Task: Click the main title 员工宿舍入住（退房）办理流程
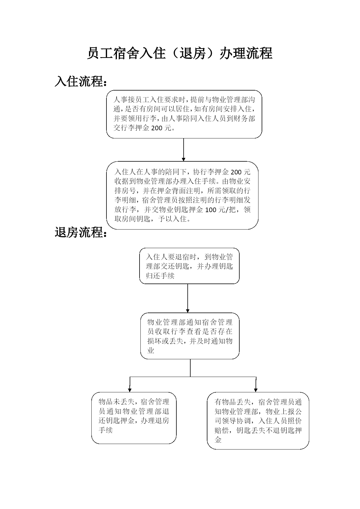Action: click(180, 53)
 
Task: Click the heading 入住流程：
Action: click(81, 82)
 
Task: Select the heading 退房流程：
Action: click(81, 232)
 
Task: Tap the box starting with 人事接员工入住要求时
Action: click(184, 114)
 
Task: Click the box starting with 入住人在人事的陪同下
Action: click(182, 195)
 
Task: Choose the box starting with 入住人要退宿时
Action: click(189, 266)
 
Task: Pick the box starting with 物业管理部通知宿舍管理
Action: click(190, 336)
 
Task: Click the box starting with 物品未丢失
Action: click(134, 418)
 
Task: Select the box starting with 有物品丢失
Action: click(258, 421)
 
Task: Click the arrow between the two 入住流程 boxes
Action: click(184, 150)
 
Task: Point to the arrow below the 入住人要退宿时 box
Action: click(188, 298)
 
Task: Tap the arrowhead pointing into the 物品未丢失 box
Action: click(130, 390)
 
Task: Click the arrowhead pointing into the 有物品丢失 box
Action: click(256, 390)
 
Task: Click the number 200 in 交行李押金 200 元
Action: click(157, 128)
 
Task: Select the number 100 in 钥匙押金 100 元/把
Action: click(211, 210)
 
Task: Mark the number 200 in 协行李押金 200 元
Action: click(236, 172)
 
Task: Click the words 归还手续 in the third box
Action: click(160, 275)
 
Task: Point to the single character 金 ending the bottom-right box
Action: click(218, 440)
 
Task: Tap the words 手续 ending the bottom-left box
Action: click(106, 430)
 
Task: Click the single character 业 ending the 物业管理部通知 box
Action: click(151, 350)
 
